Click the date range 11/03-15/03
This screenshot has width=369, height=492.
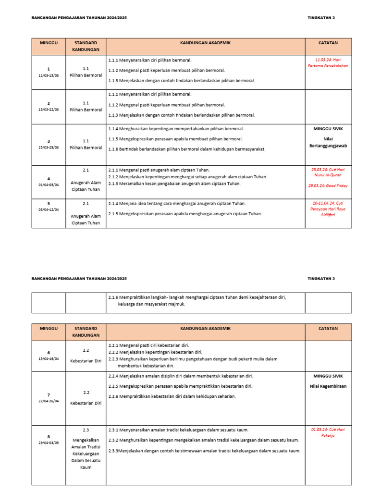pos(49,75)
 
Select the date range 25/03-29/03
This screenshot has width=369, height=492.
pos(49,148)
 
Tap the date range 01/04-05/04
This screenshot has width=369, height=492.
pos(49,184)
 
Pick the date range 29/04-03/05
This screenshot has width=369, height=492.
pos(49,443)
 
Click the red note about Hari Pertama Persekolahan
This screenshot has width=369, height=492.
pos(328,62)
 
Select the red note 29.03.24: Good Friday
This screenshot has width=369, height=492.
pos(328,185)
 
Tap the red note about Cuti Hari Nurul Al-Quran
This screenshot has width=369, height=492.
pos(328,172)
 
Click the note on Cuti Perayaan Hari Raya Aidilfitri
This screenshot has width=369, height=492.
pos(328,209)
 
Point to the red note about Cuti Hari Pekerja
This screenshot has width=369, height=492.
pos(328,432)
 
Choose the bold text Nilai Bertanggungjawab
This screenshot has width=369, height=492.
pos(328,141)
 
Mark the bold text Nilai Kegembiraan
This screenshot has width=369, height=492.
pos(328,386)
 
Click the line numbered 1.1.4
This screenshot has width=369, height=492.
pos(176,129)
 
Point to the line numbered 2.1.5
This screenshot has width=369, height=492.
pos(185,214)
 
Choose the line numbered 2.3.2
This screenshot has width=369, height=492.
pos(204,440)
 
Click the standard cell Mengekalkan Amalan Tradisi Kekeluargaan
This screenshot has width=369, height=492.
pos(86,453)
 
